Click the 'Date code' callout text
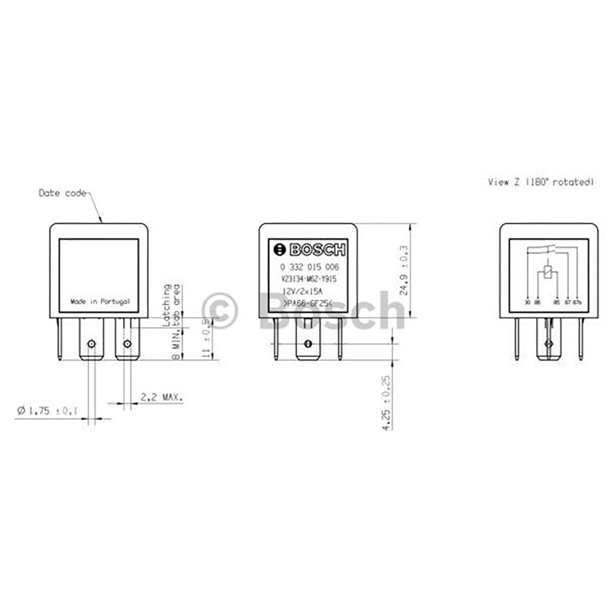coord(62,194)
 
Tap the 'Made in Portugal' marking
coord(100,301)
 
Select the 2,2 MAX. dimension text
coord(162,397)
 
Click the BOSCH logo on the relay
coord(310,250)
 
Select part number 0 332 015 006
coord(309,267)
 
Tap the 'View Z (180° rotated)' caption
coord(540,181)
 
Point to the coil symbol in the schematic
coord(548,273)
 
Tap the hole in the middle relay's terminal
coord(307,344)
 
